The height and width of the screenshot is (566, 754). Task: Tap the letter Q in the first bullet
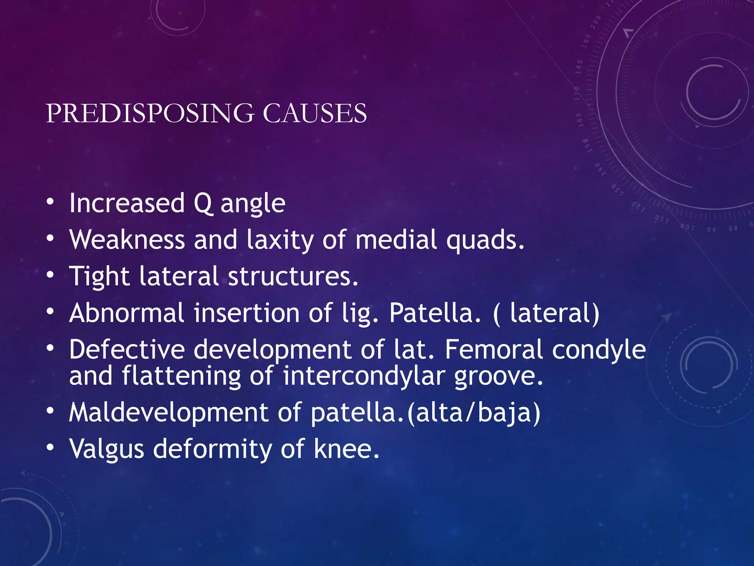point(203,203)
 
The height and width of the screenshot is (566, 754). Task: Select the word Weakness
point(127,240)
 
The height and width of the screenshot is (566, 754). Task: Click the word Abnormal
point(127,313)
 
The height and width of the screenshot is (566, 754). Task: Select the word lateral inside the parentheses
point(550,313)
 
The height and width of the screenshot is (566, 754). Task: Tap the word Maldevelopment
point(168,413)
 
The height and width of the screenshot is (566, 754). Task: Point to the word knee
point(346,449)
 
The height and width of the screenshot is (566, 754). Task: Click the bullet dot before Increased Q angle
point(50,202)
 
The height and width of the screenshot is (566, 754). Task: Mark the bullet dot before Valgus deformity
point(50,447)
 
